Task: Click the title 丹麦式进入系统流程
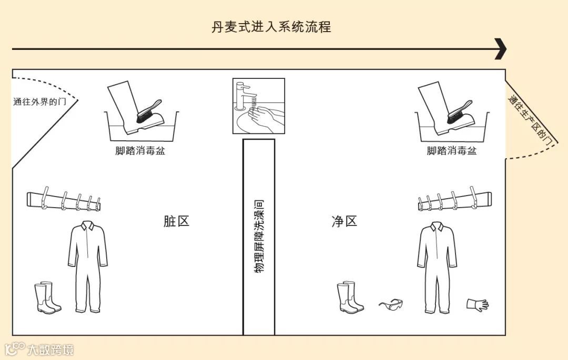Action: [x=271, y=27]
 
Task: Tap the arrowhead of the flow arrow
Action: [x=500, y=49]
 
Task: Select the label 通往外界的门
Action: [x=39, y=102]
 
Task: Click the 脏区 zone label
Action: [x=176, y=221]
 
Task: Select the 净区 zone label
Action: [x=344, y=221]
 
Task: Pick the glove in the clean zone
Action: [x=477, y=304]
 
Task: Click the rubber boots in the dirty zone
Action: [x=47, y=298]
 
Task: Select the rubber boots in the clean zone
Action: [x=350, y=297]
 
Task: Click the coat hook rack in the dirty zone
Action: [x=63, y=200]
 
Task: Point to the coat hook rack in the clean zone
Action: [x=454, y=200]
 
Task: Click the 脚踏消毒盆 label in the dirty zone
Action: [x=140, y=151]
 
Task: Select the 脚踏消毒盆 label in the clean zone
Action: [x=452, y=151]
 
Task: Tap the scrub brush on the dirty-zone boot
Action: [x=149, y=111]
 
